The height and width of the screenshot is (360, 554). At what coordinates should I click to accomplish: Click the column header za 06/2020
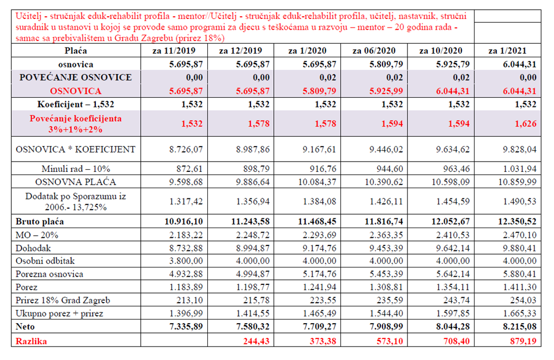[x=374, y=51]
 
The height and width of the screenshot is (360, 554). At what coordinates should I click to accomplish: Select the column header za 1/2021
[x=507, y=51]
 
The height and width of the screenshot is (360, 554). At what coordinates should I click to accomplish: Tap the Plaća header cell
[x=76, y=51]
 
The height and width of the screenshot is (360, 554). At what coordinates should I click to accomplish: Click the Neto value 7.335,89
[x=186, y=326]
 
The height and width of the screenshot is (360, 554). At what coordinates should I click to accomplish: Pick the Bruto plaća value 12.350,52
[x=517, y=222]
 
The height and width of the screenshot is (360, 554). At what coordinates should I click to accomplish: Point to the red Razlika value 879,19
[x=523, y=341]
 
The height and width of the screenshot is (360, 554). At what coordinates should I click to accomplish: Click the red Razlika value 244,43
[x=256, y=341]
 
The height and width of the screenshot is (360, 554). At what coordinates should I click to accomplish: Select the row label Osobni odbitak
[x=45, y=261]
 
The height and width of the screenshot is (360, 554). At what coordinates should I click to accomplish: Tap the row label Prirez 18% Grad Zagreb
[x=63, y=301]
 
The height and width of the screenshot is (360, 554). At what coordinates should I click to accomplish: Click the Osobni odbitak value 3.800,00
[x=186, y=261]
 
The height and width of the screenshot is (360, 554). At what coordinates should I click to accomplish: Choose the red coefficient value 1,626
[x=526, y=124]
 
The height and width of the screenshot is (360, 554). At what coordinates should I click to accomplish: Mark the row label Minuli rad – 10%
[x=76, y=169]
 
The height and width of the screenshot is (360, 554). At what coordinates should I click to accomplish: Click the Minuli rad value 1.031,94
[x=520, y=169]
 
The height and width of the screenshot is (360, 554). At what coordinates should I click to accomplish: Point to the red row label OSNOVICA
[x=76, y=91]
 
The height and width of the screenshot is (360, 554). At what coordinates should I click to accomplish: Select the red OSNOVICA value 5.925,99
[x=386, y=91]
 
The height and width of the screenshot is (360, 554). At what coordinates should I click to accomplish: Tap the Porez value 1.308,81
[x=386, y=287]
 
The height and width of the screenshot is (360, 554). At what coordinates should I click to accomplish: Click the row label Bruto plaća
[x=39, y=222]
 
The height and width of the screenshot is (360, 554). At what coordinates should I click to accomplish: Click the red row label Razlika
[x=31, y=341]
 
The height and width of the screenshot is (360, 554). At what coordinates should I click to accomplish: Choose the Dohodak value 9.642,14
[x=453, y=248]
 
